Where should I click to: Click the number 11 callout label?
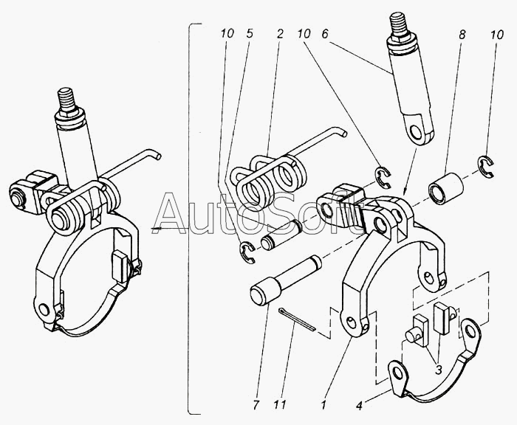[281, 404]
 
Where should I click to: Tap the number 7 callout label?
[256, 404]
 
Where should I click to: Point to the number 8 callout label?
[462, 35]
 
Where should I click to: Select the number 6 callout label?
[326, 34]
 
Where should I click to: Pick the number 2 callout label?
[280, 34]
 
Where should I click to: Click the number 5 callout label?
[250, 33]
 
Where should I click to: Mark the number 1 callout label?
[323, 404]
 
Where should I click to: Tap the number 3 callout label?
[438, 370]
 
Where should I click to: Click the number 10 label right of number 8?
[497, 35]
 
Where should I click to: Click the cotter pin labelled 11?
[297, 319]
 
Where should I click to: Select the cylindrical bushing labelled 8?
[446, 190]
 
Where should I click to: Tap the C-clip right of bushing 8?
[486, 167]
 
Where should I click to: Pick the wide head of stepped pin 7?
[265, 291]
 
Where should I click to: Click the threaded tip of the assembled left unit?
[65, 100]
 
